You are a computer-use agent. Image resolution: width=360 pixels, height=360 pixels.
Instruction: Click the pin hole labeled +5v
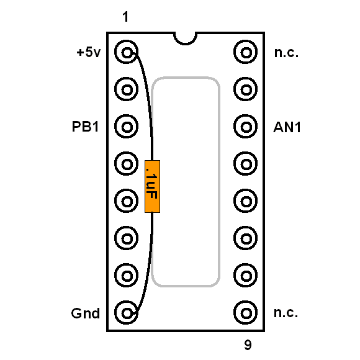click(x=127, y=52)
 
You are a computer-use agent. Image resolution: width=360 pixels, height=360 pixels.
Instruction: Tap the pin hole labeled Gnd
click(x=127, y=313)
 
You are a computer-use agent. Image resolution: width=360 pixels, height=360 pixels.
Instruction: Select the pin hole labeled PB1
click(x=127, y=127)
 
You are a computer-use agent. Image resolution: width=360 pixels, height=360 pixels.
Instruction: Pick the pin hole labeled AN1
click(x=246, y=127)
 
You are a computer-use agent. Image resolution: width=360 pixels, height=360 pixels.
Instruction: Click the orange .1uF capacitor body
click(x=152, y=186)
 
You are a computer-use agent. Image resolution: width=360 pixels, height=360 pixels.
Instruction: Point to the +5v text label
click(x=89, y=52)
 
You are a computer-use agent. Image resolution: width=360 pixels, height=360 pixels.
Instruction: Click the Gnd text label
click(x=86, y=313)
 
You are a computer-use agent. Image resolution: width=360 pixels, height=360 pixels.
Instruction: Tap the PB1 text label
click(x=86, y=127)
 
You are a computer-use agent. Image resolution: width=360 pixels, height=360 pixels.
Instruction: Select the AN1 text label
click(x=287, y=127)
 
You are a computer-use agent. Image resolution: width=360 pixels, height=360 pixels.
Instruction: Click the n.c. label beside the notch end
click(x=286, y=53)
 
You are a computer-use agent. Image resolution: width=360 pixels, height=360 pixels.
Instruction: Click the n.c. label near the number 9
click(x=286, y=313)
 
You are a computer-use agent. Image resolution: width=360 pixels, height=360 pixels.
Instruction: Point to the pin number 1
click(x=125, y=17)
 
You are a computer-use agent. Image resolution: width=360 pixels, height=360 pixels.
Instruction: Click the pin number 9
click(x=248, y=344)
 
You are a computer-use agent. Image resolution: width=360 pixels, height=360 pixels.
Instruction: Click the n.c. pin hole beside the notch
click(x=246, y=52)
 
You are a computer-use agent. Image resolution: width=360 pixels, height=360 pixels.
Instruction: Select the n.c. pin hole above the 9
click(x=246, y=313)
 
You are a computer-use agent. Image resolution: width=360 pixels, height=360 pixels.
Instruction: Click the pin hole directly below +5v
click(x=127, y=89)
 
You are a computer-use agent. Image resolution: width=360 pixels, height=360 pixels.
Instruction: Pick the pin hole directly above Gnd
click(x=127, y=276)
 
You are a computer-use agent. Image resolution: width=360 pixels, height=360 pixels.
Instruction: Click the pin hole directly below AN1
click(x=246, y=164)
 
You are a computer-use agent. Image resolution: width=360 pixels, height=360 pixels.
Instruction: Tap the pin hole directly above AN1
click(x=246, y=89)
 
